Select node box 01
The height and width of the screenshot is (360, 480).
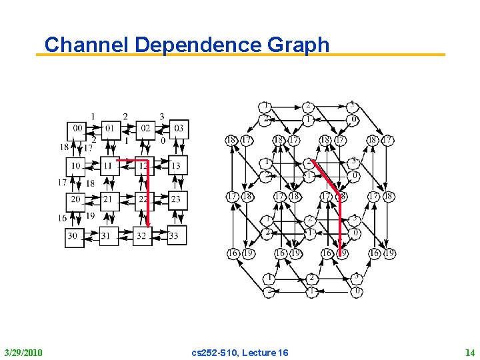click(x=110, y=128)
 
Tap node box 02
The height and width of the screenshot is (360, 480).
click(x=145, y=128)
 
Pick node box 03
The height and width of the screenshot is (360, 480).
click(x=179, y=128)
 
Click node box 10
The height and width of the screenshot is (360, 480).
click(x=75, y=165)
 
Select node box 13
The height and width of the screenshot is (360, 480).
click(x=177, y=165)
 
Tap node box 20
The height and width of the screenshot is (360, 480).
click(x=75, y=199)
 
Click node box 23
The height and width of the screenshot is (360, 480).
click(x=177, y=199)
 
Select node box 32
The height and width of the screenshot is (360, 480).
click(x=142, y=235)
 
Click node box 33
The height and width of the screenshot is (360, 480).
click(x=175, y=235)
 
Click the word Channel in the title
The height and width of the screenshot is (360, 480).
click(x=87, y=45)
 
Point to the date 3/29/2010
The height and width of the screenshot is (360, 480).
click(x=23, y=351)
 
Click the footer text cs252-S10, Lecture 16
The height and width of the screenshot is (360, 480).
click(x=240, y=351)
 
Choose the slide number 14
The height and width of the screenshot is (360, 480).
click(x=469, y=351)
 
